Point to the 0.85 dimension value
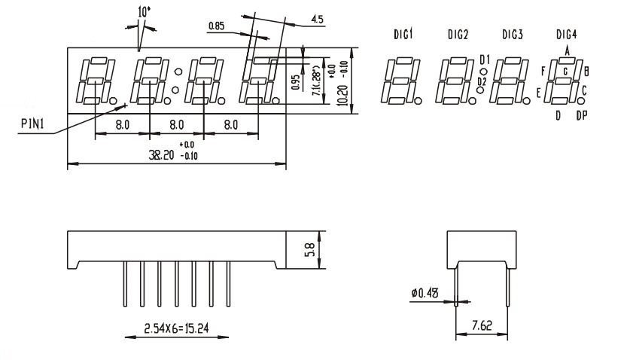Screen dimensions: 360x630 pyautogui.click(x=218, y=27)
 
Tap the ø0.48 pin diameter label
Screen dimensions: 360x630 pyautogui.click(x=427, y=294)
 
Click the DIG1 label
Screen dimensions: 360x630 pyautogui.click(x=403, y=34)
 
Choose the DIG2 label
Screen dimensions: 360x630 pyautogui.click(x=458, y=34)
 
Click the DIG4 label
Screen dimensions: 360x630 pyautogui.click(x=567, y=34)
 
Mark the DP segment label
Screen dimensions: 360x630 pyautogui.click(x=581, y=115)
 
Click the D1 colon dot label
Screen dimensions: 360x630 pyautogui.click(x=484, y=59)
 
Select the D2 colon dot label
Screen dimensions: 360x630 pyautogui.click(x=482, y=81)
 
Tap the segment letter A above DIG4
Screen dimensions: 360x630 pyautogui.click(x=567, y=50)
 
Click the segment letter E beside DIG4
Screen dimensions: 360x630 pyautogui.click(x=538, y=92)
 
